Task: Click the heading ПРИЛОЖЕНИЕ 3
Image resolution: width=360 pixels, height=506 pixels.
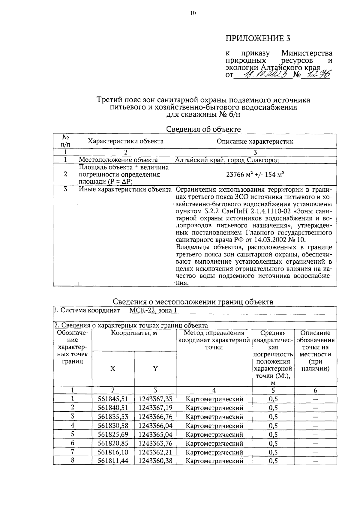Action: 258,38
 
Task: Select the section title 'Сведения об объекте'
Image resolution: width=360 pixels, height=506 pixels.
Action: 203,129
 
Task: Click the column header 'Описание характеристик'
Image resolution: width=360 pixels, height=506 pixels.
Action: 255,141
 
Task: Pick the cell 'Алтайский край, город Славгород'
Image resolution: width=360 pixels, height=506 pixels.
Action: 227,160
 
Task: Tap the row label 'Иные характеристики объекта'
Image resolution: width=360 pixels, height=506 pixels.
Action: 125,189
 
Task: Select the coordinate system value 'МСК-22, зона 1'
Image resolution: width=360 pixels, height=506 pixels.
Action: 153,310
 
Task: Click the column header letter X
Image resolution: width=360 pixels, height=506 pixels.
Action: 113,369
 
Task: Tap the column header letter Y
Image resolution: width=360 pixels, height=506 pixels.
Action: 155,369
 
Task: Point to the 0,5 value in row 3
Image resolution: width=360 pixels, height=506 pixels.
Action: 273,417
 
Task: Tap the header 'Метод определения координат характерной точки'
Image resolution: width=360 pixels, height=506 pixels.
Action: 214,340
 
